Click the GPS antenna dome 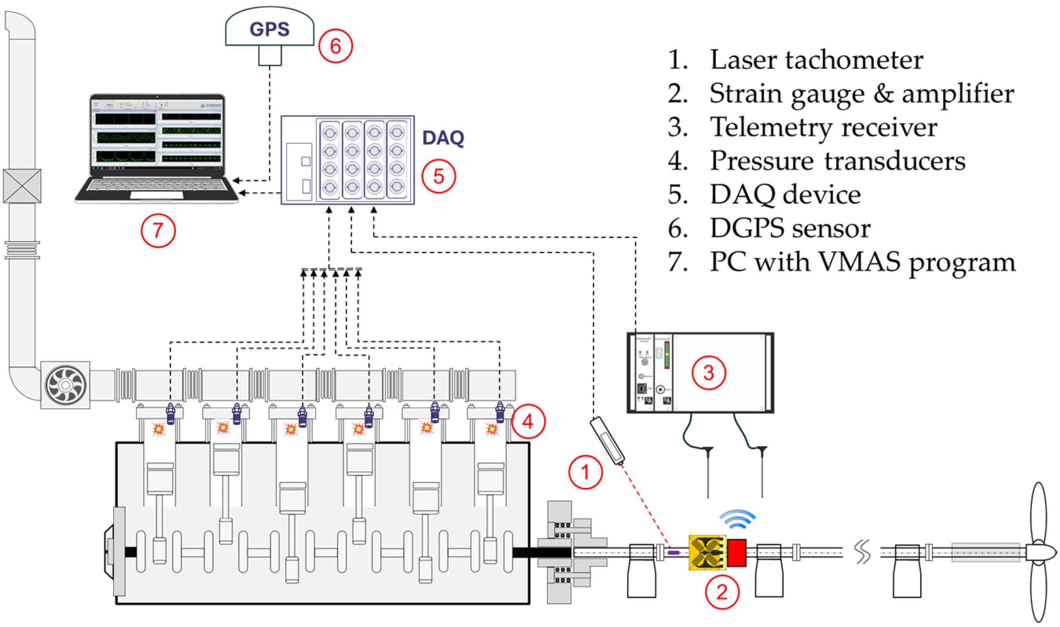click(x=270, y=28)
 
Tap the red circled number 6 click(x=335, y=46)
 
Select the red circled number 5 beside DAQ click(x=438, y=176)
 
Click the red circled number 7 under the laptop click(x=158, y=231)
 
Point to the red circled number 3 click(x=708, y=373)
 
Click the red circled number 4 click(x=528, y=421)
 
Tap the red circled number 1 click(x=585, y=472)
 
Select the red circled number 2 click(x=722, y=592)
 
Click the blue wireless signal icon click(x=737, y=519)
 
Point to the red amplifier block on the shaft click(x=736, y=553)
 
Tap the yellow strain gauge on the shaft click(x=707, y=553)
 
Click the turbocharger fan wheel click(x=66, y=385)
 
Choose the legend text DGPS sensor click(x=790, y=228)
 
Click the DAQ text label click(x=443, y=138)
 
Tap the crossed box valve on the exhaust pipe click(x=22, y=186)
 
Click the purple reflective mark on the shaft click(x=673, y=553)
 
